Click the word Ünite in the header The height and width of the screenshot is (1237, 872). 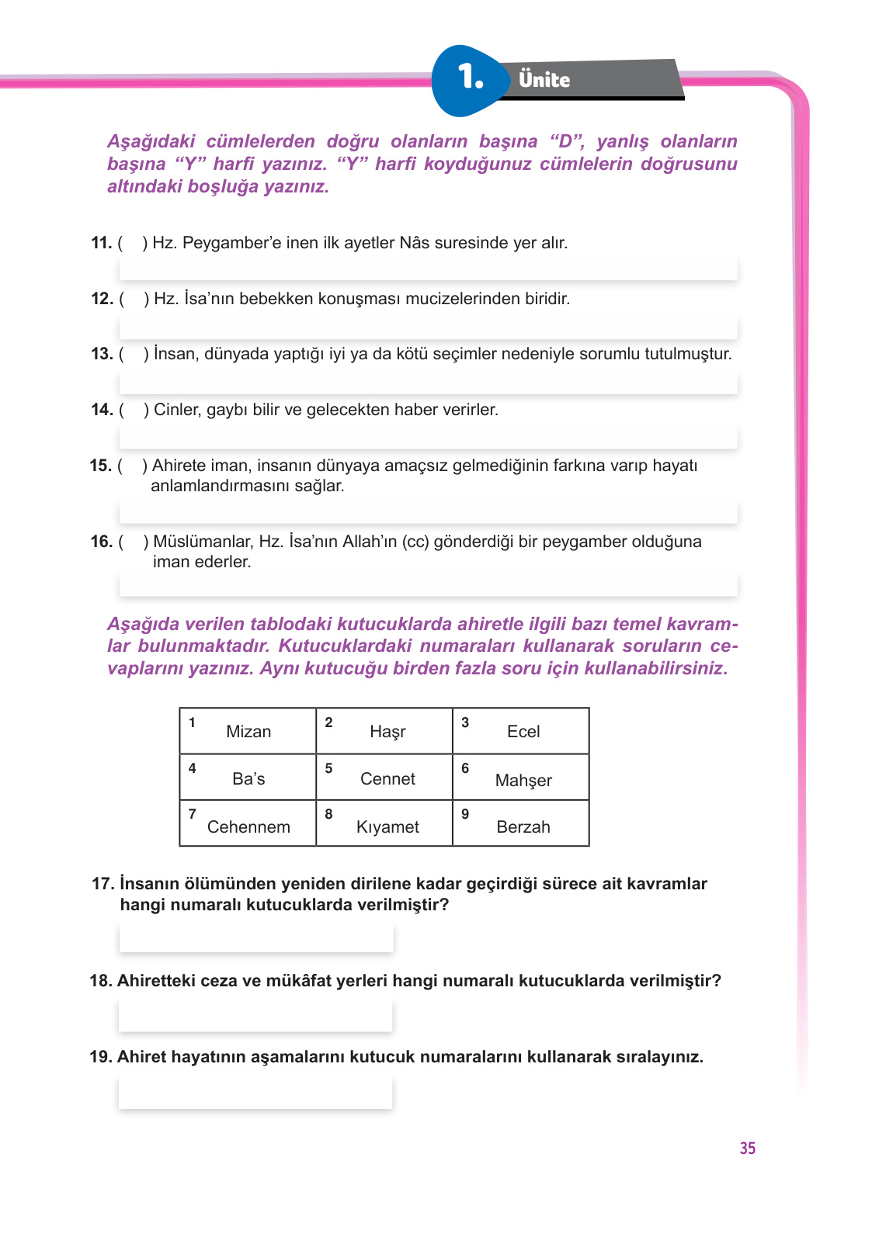(544, 80)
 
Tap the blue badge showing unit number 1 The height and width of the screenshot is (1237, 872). (469, 78)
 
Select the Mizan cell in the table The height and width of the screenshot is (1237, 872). (248, 731)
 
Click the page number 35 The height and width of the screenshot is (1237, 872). (747, 1149)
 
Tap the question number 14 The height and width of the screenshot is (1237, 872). (102, 410)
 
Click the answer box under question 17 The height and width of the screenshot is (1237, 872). (256, 937)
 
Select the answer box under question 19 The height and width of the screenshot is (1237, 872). (255, 1093)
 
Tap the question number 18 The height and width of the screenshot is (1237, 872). (101, 981)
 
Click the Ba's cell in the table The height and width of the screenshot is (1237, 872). (248, 778)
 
